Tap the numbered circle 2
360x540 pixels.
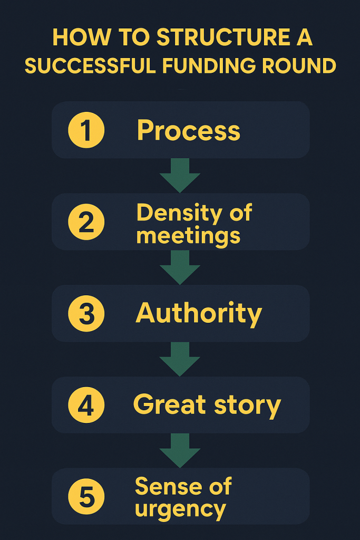point(86,222)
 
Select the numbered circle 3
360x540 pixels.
point(86,313)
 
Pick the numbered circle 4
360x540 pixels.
point(86,405)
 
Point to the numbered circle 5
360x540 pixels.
point(86,496)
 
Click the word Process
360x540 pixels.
point(188,131)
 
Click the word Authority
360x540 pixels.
point(199,314)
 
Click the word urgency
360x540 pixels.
point(180,509)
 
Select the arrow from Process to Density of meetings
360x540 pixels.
point(180,175)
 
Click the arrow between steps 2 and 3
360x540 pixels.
point(180,267)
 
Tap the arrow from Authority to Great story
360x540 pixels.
point(180,359)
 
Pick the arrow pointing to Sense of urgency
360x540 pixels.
point(180,450)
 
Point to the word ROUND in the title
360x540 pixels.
point(307,66)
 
